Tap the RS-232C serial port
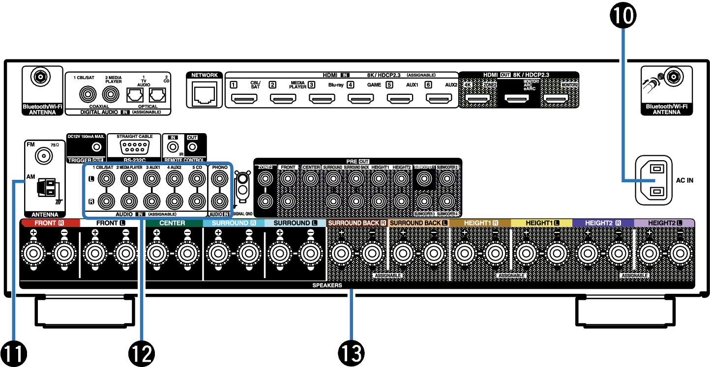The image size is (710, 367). [x=133, y=147]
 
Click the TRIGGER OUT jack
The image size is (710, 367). [x=97, y=147]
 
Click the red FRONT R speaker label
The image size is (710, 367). [x=50, y=223]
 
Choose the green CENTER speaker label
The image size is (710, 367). [x=173, y=223]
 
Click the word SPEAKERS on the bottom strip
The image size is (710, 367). [x=327, y=285]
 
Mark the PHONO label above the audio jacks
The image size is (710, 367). [x=219, y=168]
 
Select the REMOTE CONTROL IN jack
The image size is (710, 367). [x=173, y=146]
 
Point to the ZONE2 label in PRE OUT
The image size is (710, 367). [x=265, y=168]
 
